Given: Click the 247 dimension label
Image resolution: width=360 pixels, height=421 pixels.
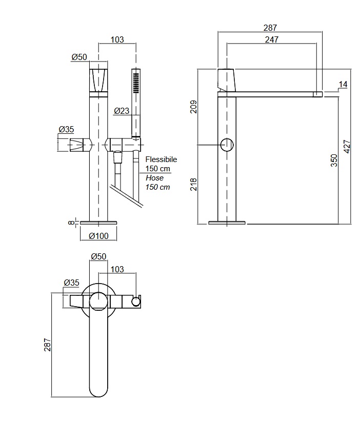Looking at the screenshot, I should click(x=272, y=40).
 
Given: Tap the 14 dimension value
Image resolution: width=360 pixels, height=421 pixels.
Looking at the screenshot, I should click(x=343, y=84).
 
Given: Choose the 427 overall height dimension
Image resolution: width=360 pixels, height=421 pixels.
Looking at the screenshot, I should click(x=347, y=147).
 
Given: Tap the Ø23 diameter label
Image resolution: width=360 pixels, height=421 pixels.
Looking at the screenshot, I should click(x=121, y=110).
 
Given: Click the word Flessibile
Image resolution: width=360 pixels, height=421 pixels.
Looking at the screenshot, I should click(x=161, y=159).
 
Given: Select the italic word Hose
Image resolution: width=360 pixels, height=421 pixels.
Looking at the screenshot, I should click(x=154, y=178).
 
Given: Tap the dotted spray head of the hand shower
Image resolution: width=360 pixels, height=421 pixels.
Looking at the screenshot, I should click(x=136, y=82).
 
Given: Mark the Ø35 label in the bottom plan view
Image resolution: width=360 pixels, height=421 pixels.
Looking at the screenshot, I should click(x=71, y=283).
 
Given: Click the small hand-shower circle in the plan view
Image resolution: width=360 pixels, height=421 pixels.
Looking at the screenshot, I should click(x=136, y=301).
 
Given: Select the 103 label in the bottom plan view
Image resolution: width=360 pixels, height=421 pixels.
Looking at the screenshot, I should click(x=117, y=269).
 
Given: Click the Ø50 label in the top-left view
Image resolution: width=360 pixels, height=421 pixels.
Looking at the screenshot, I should click(x=79, y=57).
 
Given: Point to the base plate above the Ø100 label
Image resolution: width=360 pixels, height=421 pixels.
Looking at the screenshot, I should click(x=98, y=222).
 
